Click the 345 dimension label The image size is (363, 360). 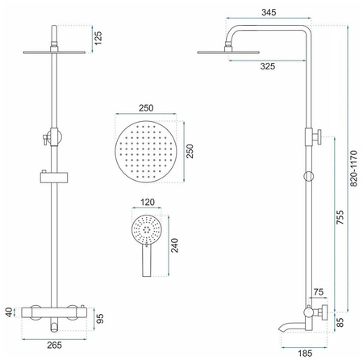(269, 12)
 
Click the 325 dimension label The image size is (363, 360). (268, 66)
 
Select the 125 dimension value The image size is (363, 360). (98, 38)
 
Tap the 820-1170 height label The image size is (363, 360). (354, 169)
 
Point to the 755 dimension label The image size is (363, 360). (340, 217)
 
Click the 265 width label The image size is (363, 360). (54, 345)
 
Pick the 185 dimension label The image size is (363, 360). (305, 353)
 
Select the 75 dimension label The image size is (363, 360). (319, 292)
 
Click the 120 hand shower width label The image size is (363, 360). (148, 202)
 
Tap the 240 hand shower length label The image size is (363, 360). (174, 245)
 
